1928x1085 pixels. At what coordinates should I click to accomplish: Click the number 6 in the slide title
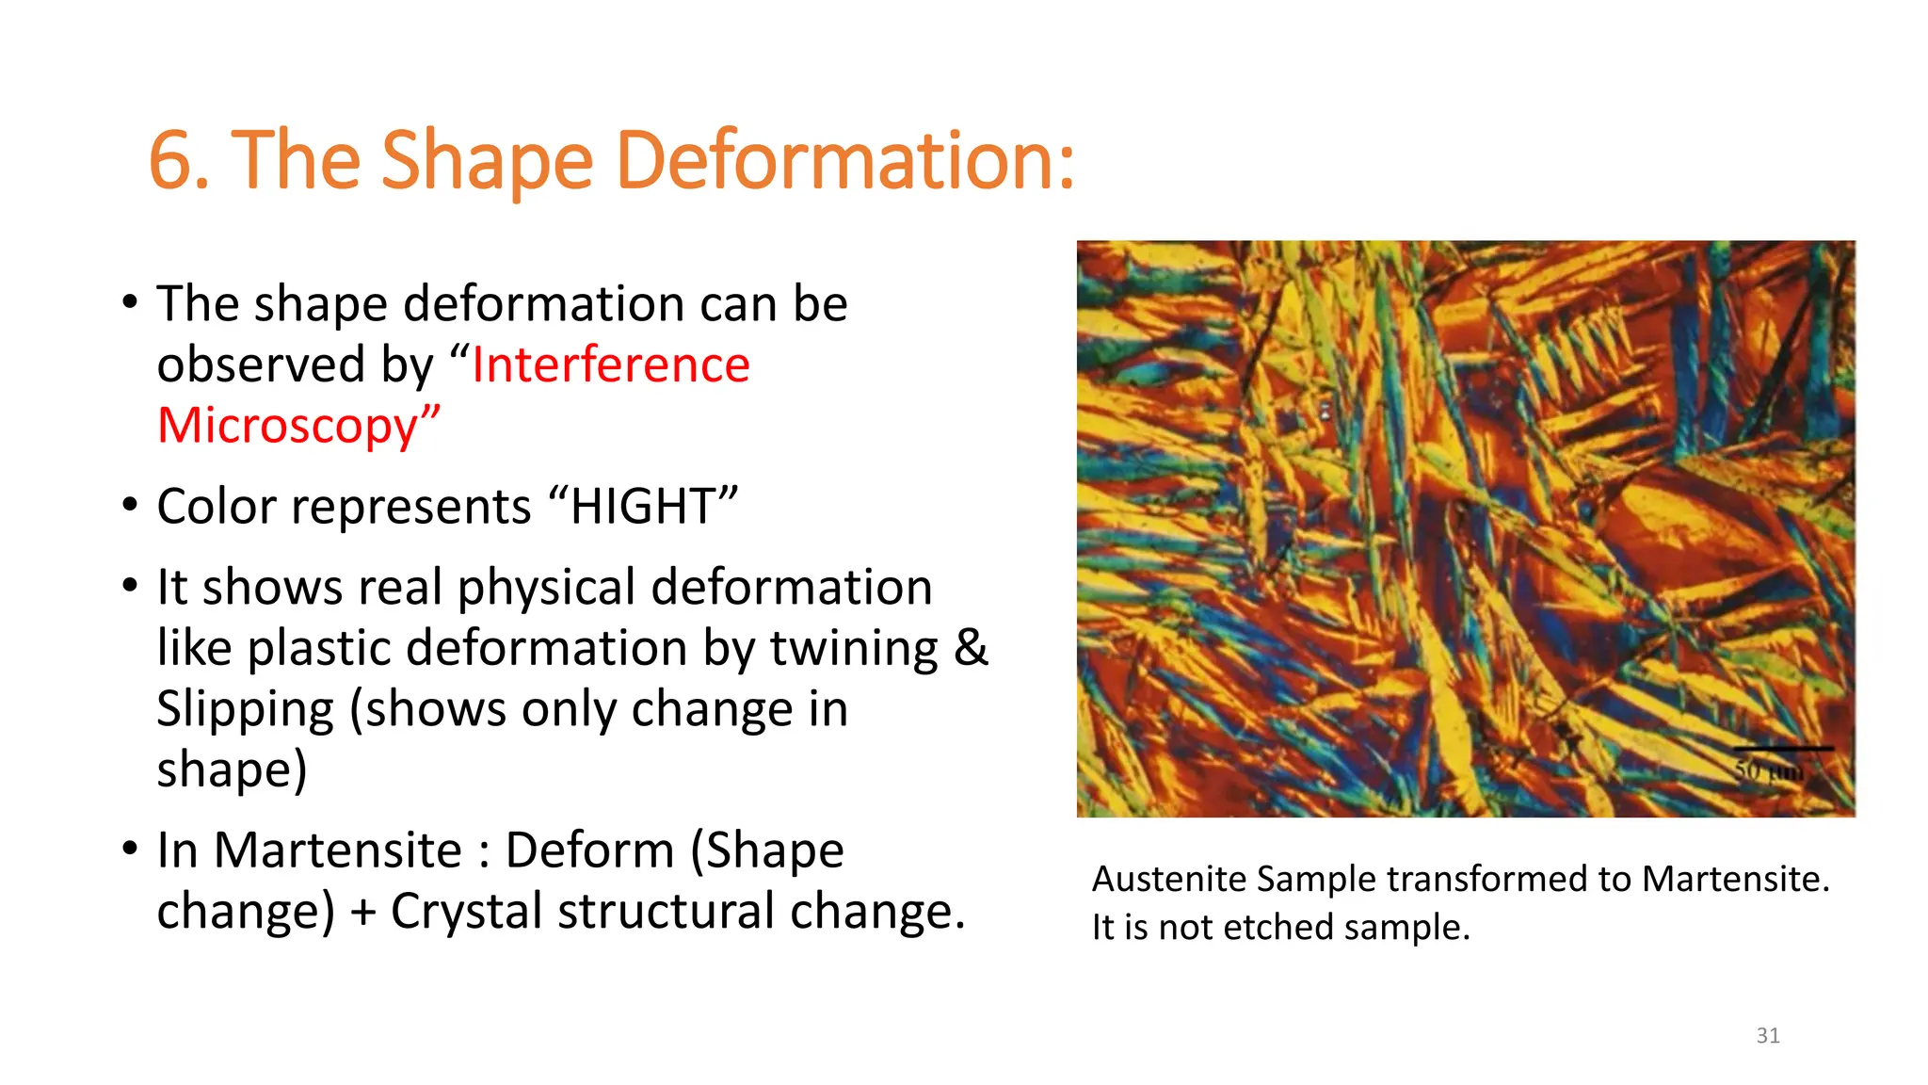(x=171, y=160)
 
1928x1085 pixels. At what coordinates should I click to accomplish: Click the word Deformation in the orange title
(x=844, y=160)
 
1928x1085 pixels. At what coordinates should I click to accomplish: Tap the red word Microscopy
(x=287, y=426)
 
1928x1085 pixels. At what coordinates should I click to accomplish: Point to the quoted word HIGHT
(x=643, y=507)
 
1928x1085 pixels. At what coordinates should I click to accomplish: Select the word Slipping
(x=245, y=709)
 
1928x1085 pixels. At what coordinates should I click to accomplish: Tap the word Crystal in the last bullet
(x=467, y=911)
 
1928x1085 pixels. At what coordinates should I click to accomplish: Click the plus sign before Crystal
(x=362, y=913)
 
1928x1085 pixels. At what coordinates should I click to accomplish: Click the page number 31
(x=1768, y=1036)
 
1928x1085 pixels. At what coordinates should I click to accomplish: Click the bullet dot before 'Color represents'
(x=130, y=505)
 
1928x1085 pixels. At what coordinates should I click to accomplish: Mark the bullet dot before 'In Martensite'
(x=130, y=849)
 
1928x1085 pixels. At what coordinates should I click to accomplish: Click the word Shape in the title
(x=487, y=160)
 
